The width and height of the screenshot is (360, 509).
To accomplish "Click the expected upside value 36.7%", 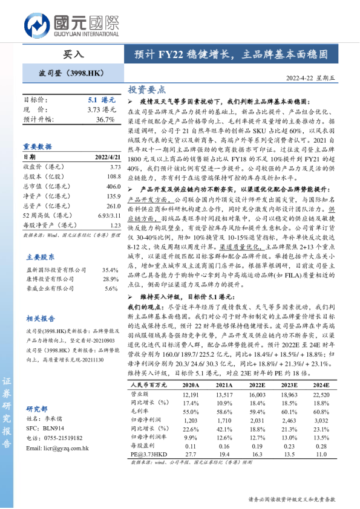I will [105, 120].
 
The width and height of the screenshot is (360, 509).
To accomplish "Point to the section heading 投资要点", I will [146, 89].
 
